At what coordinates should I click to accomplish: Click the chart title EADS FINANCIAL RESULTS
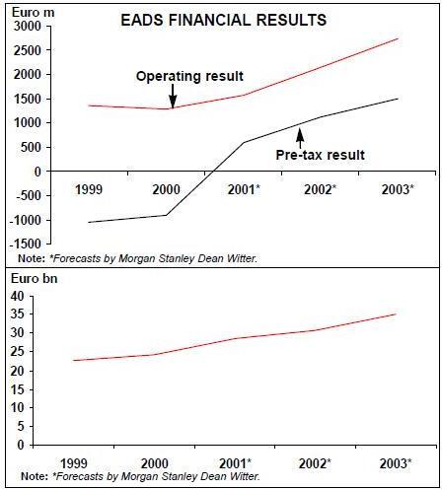tap(224, 20)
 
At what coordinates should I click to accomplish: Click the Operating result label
tap(189, 76)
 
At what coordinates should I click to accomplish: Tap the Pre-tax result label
tap(321, 155)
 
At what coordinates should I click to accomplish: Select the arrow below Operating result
tap(173, 96)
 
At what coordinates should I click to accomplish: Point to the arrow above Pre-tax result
tap(300, 138)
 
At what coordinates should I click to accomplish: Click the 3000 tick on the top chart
tap(28, 26)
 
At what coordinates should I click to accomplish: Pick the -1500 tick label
tap(26, 244)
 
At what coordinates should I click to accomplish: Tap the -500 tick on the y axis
tap(29, 195)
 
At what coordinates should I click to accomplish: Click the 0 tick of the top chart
tap(37, 172)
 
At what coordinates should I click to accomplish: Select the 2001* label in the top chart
tap(244, 189)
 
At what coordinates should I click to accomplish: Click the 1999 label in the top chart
tap(89, 189)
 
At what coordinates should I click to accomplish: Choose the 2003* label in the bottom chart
tap(396, 463)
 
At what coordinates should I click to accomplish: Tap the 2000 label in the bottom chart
tap(155, 463)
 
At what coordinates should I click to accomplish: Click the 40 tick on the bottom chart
tap(18, 296)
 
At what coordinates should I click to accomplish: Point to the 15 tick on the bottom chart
tap(18, 389)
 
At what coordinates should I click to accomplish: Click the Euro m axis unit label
tap(34, 13)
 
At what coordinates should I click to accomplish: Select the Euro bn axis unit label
tap(35, 279)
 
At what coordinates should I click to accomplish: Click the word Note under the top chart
tap(32, 258)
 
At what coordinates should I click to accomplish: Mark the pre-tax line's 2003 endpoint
tap(398, 99)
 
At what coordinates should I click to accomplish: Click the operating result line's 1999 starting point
tap(89, 105)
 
